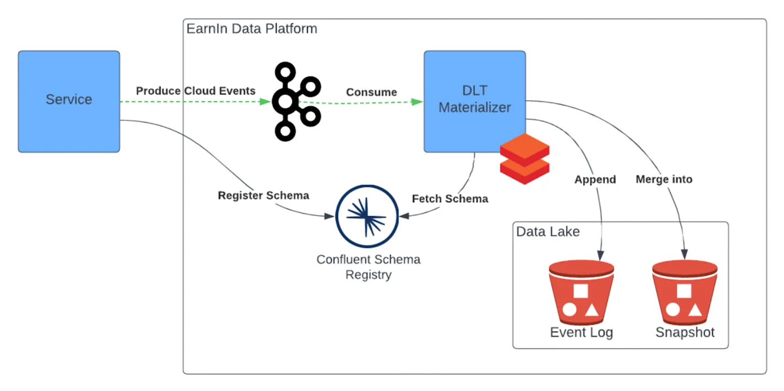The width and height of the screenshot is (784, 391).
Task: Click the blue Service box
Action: [69, 101]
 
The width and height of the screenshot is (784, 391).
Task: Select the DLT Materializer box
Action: [475, 101]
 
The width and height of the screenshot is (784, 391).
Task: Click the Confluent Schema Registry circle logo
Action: [367, 216]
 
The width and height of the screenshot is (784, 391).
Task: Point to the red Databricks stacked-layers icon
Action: [524, 158]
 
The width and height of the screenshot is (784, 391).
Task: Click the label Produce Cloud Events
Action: [195, 91]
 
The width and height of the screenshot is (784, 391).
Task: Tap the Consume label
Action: [371, 92]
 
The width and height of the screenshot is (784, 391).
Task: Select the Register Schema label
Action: [264, 195]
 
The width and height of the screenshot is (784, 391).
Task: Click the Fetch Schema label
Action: [450, 199]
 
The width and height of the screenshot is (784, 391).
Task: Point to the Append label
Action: [595, 179]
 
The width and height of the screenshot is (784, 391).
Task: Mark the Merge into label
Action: [664, 179]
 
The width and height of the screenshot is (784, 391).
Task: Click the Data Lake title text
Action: [548, 231]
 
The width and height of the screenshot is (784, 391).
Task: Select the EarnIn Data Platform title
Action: [252, 29]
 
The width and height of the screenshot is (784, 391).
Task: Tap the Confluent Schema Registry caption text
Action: [369, 267]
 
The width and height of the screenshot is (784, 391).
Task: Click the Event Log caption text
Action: [581, 332]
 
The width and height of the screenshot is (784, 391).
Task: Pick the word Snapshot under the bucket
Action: [685, 332]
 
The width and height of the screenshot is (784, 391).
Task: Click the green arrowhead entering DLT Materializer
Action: [418, 101]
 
